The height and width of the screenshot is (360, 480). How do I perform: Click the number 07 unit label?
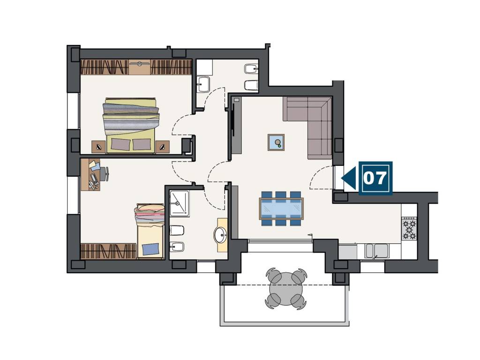(375, 178)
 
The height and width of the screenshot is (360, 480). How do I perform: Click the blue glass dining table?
(281, 209)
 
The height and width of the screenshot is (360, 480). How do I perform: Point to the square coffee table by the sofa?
(276, 142)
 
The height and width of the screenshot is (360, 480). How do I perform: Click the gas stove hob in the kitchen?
(409, 228)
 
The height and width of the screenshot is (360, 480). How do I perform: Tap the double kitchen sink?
(377, 251)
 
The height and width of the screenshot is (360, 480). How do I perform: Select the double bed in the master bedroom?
(131, 125)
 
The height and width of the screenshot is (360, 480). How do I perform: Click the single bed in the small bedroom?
(150, 231)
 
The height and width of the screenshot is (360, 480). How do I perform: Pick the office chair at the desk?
(104, 173)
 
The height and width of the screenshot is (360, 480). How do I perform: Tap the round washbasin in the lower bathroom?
(220, 235)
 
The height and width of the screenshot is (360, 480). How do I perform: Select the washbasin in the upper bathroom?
(203, 83)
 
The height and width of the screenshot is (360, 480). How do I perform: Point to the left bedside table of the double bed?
(98, 147)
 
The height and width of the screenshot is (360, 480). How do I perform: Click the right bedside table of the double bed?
(163, 147)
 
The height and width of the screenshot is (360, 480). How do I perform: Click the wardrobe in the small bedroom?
(108, 251)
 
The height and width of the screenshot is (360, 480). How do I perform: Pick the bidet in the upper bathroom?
(251, 68)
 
